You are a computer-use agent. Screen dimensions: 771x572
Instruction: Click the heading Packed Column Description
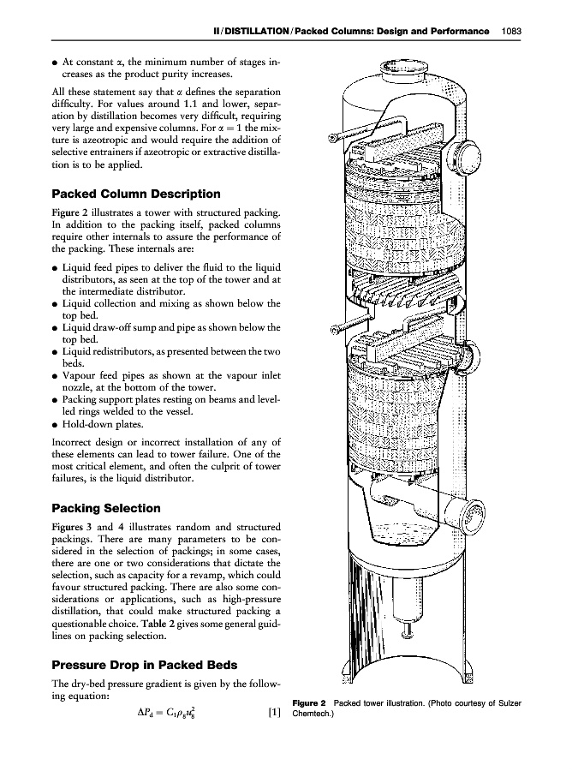point(136,194)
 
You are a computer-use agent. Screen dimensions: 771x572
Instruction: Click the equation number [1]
point(274,711)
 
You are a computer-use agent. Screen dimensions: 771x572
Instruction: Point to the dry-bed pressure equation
point(167,711)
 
